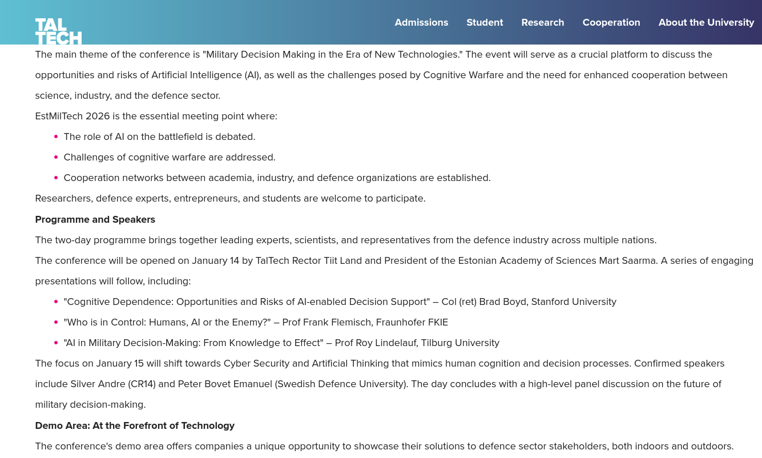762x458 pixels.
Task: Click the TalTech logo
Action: (58, 31)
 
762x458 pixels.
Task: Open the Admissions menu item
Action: (421, 22)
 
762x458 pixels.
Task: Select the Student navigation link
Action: (485, 22)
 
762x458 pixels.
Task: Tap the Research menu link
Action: (542, 22)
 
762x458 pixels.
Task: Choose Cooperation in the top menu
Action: (611, 22)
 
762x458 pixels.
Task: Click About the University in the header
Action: (706, 22)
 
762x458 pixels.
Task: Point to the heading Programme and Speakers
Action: (95, 219)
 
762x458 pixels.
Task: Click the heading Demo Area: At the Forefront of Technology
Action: (135, 425)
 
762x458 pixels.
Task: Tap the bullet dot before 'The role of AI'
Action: (56, 136)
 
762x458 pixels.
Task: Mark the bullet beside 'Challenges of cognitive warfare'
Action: (56, 157)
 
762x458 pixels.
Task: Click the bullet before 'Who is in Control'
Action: (56, 322)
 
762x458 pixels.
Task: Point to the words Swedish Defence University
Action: (341, 384)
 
